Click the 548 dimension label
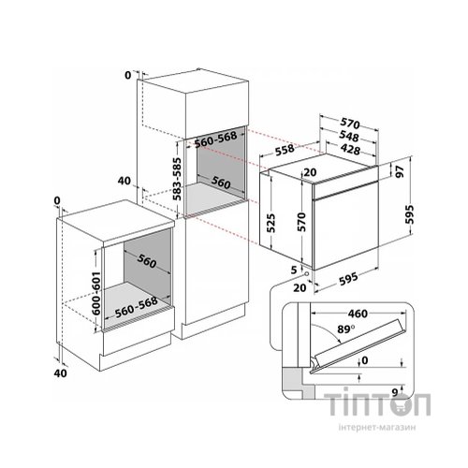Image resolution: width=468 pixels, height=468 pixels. pos(349,138)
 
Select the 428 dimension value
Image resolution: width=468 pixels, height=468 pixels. pos(350,150)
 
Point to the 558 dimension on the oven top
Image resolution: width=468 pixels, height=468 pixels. pos(285,150)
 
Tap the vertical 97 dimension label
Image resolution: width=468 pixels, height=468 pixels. pos(401,171)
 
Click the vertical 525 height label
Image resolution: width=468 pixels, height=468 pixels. pos(271,223)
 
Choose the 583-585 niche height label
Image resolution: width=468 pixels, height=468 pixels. pos(177,179)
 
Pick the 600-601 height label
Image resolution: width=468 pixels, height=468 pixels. pos(96,293)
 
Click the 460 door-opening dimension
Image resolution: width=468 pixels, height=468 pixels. pos(358,314)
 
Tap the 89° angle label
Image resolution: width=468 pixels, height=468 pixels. pos(346,329)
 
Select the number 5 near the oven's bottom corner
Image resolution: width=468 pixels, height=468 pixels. pos(294,270)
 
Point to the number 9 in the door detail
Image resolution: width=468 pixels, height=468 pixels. pos(395,392)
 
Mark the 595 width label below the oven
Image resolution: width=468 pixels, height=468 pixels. pos(348,277)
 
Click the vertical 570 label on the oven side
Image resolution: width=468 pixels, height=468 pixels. pos(301,222)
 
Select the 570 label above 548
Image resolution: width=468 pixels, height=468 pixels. pos(350,124)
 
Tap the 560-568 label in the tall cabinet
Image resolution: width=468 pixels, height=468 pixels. pos(215,139)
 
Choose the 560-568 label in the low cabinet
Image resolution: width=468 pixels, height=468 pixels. pos(137,307)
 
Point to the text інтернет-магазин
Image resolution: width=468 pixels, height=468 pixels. pos(377,427)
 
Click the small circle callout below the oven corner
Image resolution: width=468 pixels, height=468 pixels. pos(306,273)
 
